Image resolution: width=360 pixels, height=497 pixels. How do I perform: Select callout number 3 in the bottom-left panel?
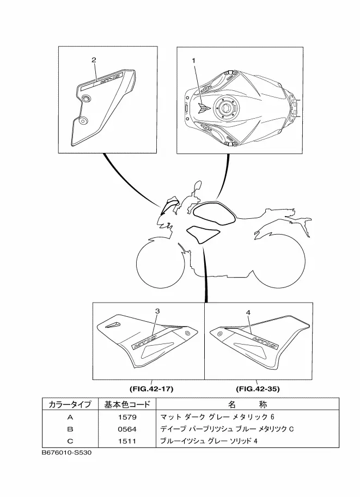click(x=157, y=311)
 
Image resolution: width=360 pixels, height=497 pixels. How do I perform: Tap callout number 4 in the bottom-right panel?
click(x=248, y=313)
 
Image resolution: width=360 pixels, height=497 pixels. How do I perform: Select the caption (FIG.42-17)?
click(x=151, y=389)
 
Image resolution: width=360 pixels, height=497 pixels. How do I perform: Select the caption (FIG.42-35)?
click(x=258, y=389)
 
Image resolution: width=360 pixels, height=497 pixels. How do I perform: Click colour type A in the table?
click(x=70, y=417)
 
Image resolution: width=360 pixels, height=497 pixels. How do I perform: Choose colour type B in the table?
click(x=70, y=429)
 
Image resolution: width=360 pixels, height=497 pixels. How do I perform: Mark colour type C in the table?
click(x=70, y=441)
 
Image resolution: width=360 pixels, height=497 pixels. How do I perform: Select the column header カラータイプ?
click(x=70, y=404)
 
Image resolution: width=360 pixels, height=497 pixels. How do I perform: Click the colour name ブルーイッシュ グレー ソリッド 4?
click(x=208, y=441)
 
